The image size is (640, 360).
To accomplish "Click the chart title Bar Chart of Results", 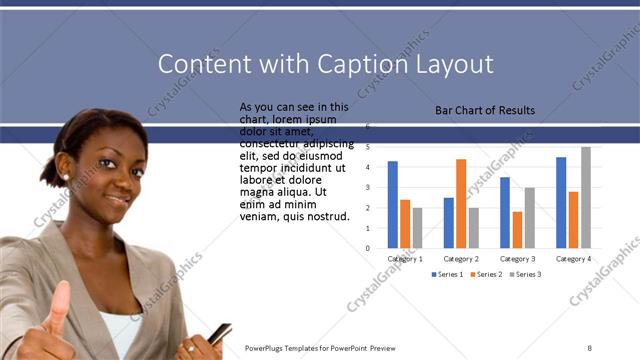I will click(485, 110).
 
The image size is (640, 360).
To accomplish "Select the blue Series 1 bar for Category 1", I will click(393, 204).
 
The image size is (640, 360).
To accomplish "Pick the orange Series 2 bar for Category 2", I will click(461, 203).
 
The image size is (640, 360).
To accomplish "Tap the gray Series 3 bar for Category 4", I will click(585, 197).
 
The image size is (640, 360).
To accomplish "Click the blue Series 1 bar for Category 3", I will click(505, 212).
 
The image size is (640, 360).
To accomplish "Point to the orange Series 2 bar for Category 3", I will click(517, 229).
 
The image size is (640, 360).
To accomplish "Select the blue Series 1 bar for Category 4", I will click(561, 202).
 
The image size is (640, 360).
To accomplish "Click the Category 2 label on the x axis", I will click(461, 258).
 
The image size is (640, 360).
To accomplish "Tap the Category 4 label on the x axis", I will click(573, 258).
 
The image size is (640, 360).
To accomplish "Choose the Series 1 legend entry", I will click(446, 274).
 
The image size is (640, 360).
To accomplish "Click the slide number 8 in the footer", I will click(589, 348).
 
